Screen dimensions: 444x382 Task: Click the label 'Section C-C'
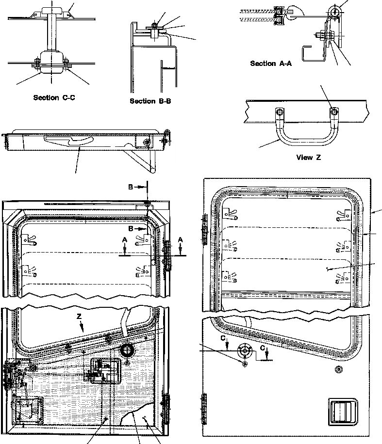point(54,97)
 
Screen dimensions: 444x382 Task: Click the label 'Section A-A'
point(270,63)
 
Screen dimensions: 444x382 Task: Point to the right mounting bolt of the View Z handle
point(333,112)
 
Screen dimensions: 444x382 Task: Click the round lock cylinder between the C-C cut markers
point(244,350)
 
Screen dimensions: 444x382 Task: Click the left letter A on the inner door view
point(125,239)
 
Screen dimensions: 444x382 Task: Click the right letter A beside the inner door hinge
point(181,239)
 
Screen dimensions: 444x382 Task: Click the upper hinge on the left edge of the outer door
point(203,228)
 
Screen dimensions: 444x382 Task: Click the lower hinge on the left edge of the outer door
point(203,403)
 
